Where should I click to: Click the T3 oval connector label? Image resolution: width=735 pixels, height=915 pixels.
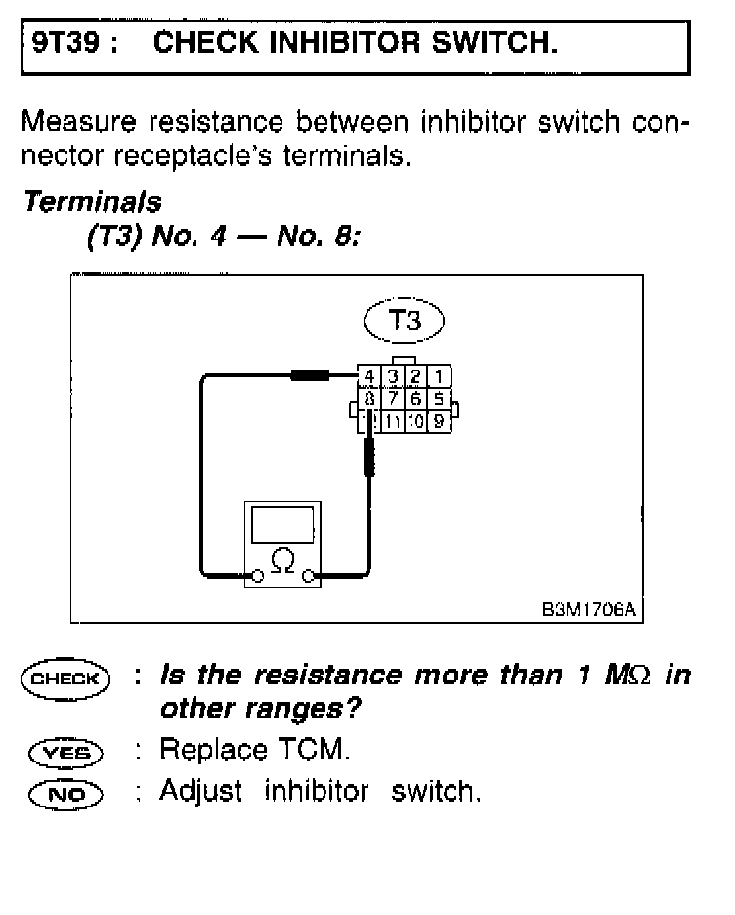pos(404,321)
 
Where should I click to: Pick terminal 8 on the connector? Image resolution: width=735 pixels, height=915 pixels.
pos(368,399)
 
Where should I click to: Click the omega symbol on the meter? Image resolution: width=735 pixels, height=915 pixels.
pos(282,562)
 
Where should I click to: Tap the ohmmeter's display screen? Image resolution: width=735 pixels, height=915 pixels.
pos(282,526)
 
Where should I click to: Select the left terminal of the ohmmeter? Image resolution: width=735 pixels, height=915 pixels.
pos(257,577)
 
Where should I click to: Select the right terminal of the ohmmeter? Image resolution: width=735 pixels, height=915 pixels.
pos(309,577)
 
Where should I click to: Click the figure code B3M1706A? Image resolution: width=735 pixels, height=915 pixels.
pos(589,609)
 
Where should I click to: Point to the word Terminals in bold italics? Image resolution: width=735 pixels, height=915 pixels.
pos(93,202)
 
